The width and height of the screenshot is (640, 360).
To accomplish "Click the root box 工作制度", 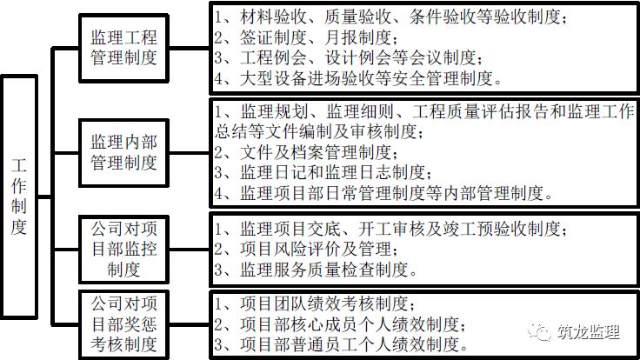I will pos(20,196).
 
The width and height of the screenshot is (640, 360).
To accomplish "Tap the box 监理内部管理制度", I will pos(124,150).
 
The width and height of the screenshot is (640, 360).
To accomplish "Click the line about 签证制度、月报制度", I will pos(305,37).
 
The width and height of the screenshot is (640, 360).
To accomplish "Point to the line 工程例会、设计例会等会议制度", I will pos(347,58).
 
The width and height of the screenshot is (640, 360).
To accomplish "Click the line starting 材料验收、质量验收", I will pos(391,17).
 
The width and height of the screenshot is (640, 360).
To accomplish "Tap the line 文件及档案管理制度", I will pos(323,151).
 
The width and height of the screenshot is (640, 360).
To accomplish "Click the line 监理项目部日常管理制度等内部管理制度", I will pos(383,192).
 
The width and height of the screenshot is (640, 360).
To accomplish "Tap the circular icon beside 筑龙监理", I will pos(541,330).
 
